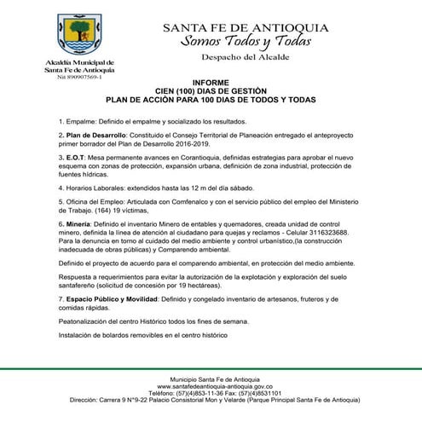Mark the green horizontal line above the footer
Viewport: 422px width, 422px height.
(x=211, y=369)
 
